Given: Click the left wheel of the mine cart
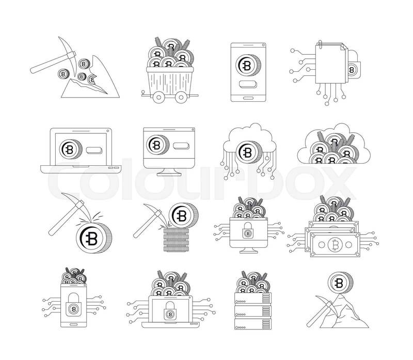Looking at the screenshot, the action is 158,97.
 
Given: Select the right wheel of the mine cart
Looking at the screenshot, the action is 181,97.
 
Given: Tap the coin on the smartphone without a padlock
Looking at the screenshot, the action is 248,66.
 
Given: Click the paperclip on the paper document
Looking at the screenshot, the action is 320,44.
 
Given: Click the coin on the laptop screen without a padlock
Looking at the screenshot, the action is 71,149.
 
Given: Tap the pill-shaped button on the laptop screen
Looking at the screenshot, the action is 94,150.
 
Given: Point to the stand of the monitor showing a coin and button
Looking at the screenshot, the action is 169,172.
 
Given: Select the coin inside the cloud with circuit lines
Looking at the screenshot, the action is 248,152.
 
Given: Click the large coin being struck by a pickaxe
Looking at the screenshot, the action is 94,238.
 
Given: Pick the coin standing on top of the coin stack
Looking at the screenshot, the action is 183,215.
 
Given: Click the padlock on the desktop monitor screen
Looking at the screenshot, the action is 248,230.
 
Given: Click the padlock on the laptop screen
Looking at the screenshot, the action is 170,311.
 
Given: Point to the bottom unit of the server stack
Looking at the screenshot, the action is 253,324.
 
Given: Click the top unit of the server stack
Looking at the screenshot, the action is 253,298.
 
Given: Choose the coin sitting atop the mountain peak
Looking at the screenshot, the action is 340,283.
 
